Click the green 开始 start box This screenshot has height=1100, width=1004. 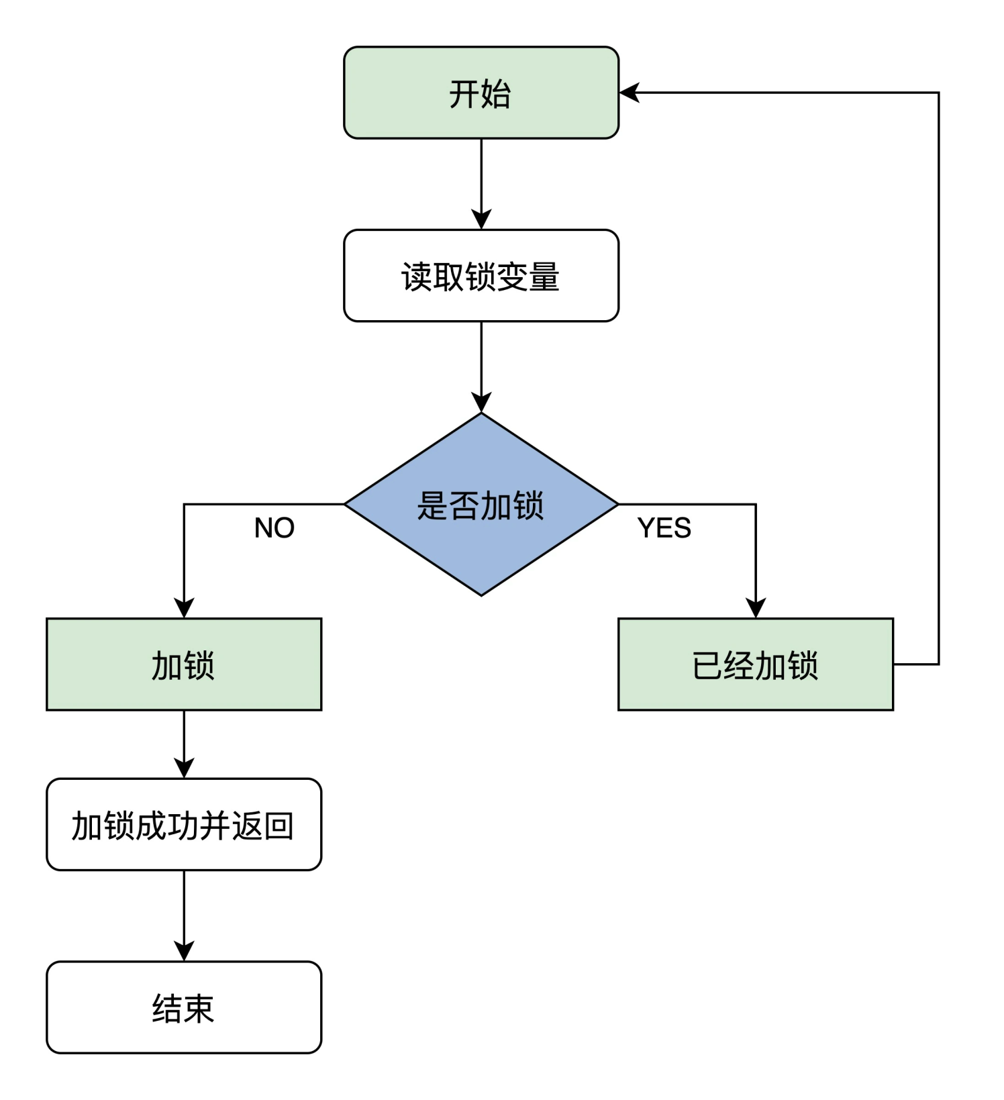(x=481, y=93)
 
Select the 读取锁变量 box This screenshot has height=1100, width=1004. (x=481, y=276)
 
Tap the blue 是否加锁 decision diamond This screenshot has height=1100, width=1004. (x=481, y=505)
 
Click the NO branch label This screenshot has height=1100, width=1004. (x=274, y=528)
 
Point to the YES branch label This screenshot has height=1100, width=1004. (x=664, y=528)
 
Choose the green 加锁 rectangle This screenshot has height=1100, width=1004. (x=183, y=664)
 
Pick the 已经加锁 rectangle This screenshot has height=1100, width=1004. (x=755, y=664)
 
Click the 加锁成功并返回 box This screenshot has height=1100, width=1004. (x=183, y=825)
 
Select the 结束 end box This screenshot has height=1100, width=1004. (x=183, y=1007)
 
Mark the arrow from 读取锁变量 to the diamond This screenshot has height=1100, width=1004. (x=481, y=366)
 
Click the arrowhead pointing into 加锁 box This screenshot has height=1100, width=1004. (x=184, y=608)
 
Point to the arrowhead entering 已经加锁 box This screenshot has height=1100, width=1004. (x=756, y=608)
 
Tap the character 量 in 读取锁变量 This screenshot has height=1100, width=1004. (x=544, y=277)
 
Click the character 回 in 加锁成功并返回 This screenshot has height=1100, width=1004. (x=279, y=826)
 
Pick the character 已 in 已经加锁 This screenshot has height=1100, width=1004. (x=707, y=665)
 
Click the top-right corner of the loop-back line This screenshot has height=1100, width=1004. (x=938, y=93)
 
